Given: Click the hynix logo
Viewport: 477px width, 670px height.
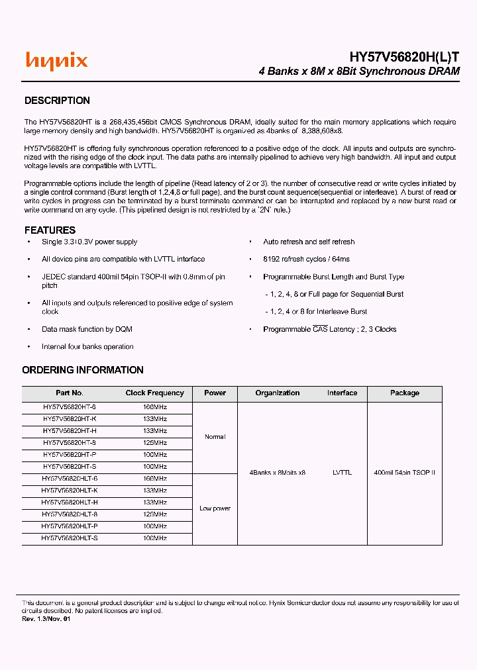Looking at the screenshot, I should tap(56, 61).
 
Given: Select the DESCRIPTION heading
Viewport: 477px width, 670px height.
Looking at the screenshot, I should tap(57, 101).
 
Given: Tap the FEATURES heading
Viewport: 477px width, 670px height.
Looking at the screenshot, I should tap(50, 230).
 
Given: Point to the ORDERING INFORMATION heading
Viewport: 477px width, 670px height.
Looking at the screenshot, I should tap(83, 370).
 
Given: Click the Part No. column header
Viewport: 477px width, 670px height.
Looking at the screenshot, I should tap(70, 393).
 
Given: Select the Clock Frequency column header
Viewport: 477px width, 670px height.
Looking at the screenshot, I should tap(154, 393).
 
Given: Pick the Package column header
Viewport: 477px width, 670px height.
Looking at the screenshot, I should tap(404, 393).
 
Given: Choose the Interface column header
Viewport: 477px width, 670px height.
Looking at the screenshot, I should tap(342, 393).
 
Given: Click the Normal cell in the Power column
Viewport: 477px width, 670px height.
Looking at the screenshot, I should tap(215, 437).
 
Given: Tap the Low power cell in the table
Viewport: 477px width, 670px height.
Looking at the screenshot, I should tap(215, 508).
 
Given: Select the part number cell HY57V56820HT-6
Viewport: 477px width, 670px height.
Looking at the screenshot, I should tap(70, 407).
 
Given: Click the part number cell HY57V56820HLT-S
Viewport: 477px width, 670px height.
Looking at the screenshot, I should tap(70, 538).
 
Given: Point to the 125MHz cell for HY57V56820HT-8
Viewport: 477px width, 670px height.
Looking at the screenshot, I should tap(154, 442).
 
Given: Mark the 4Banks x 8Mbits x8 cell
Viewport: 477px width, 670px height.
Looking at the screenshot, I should tap(278, 473).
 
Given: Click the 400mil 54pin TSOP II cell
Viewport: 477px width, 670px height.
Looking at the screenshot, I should tap(404, 473).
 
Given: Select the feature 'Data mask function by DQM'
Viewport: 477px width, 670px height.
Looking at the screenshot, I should tap(87, 329).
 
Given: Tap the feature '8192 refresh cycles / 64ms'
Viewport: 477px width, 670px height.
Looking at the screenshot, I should tap(306, 260).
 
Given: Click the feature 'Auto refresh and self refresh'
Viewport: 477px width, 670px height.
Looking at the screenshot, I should tap(309, 242).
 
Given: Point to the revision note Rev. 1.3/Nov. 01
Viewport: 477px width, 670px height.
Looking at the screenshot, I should tap(46, 619).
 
